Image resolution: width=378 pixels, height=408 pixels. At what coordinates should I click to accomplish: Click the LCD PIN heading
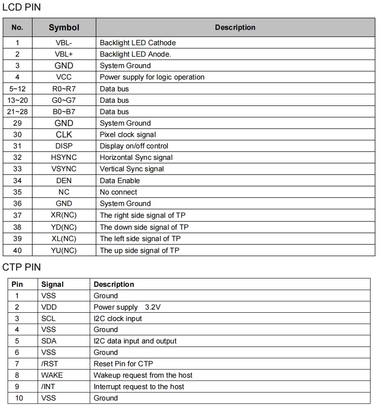coord(22,7)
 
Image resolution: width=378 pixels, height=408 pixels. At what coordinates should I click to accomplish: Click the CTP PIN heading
coord(22,267)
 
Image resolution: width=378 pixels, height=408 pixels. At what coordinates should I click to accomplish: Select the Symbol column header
coord(64,27)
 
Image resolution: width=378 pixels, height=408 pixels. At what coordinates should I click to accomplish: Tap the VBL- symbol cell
coord(64,43)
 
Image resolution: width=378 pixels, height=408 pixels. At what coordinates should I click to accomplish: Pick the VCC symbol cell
coord(64,77)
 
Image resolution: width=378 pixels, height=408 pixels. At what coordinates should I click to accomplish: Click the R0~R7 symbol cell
coord(64,89)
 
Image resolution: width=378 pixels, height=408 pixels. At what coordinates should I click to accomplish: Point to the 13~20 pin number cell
coord(17,100)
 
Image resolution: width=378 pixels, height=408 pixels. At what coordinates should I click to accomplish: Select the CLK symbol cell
coord(64,134)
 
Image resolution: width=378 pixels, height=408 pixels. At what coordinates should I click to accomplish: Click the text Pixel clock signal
coord(128,134)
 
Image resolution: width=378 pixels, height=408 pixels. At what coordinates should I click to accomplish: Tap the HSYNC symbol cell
coord(64,157)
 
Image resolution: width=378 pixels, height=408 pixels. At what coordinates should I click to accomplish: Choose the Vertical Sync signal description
coord(132,169)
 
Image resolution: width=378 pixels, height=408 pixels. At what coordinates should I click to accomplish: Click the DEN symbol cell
coord(64,181)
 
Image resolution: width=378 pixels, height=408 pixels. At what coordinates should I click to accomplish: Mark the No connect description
coord(118,192)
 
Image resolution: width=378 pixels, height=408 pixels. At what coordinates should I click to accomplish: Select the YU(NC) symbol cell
coord(64,250)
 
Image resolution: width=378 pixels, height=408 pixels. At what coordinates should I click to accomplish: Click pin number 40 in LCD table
coord(17,250)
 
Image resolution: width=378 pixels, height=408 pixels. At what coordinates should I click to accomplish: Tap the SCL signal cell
coord(48,318)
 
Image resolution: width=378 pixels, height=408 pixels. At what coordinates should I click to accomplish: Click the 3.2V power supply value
coord(153,307)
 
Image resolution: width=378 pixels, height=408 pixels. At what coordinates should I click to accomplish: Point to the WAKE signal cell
coord(52,375)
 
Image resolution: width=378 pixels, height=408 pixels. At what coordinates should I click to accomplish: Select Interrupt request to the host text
coord(139,386)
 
